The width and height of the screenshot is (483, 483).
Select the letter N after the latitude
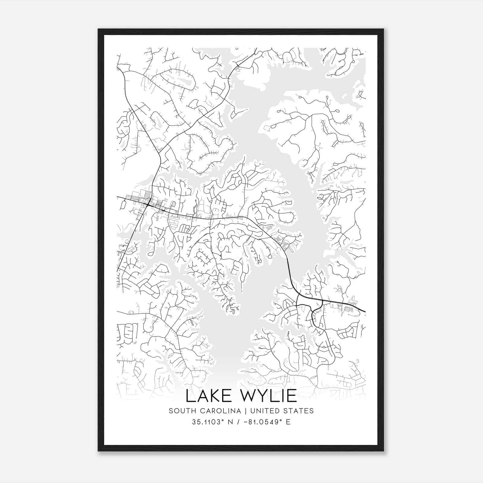pos(232,422)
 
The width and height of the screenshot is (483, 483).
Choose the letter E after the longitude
pos(288,422)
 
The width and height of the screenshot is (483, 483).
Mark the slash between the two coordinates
pos(239,422)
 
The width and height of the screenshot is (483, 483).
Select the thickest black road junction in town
pos(148,205)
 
